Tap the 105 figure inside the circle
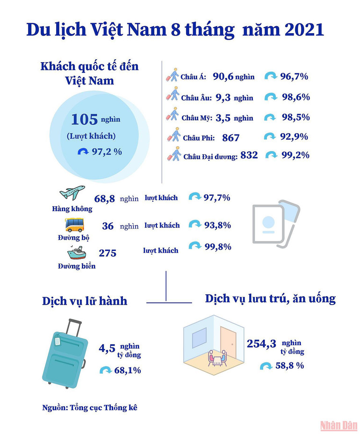tap(84, 120)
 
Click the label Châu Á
tap(193, 78)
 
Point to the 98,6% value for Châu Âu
tap(295, 97)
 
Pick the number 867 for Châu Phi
tap(231, 137)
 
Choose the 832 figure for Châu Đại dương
tap(249, 155)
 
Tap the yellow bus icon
tap(74, 225)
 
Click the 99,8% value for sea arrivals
tap(217, 247)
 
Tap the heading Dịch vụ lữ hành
tap(85, 301)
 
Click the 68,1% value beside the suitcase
tap(128, 370)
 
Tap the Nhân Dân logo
tap(338, 426)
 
